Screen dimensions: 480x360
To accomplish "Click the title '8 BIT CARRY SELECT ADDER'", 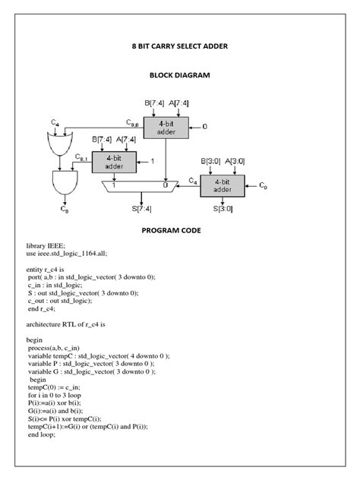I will pos(180,46).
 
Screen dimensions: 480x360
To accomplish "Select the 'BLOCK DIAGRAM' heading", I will pos(180,76).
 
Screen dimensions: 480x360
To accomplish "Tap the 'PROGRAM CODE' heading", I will pos(180,229).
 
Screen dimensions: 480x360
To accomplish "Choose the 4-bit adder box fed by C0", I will pos(222,186).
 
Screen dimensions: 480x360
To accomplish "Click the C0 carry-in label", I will pos(264,185).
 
